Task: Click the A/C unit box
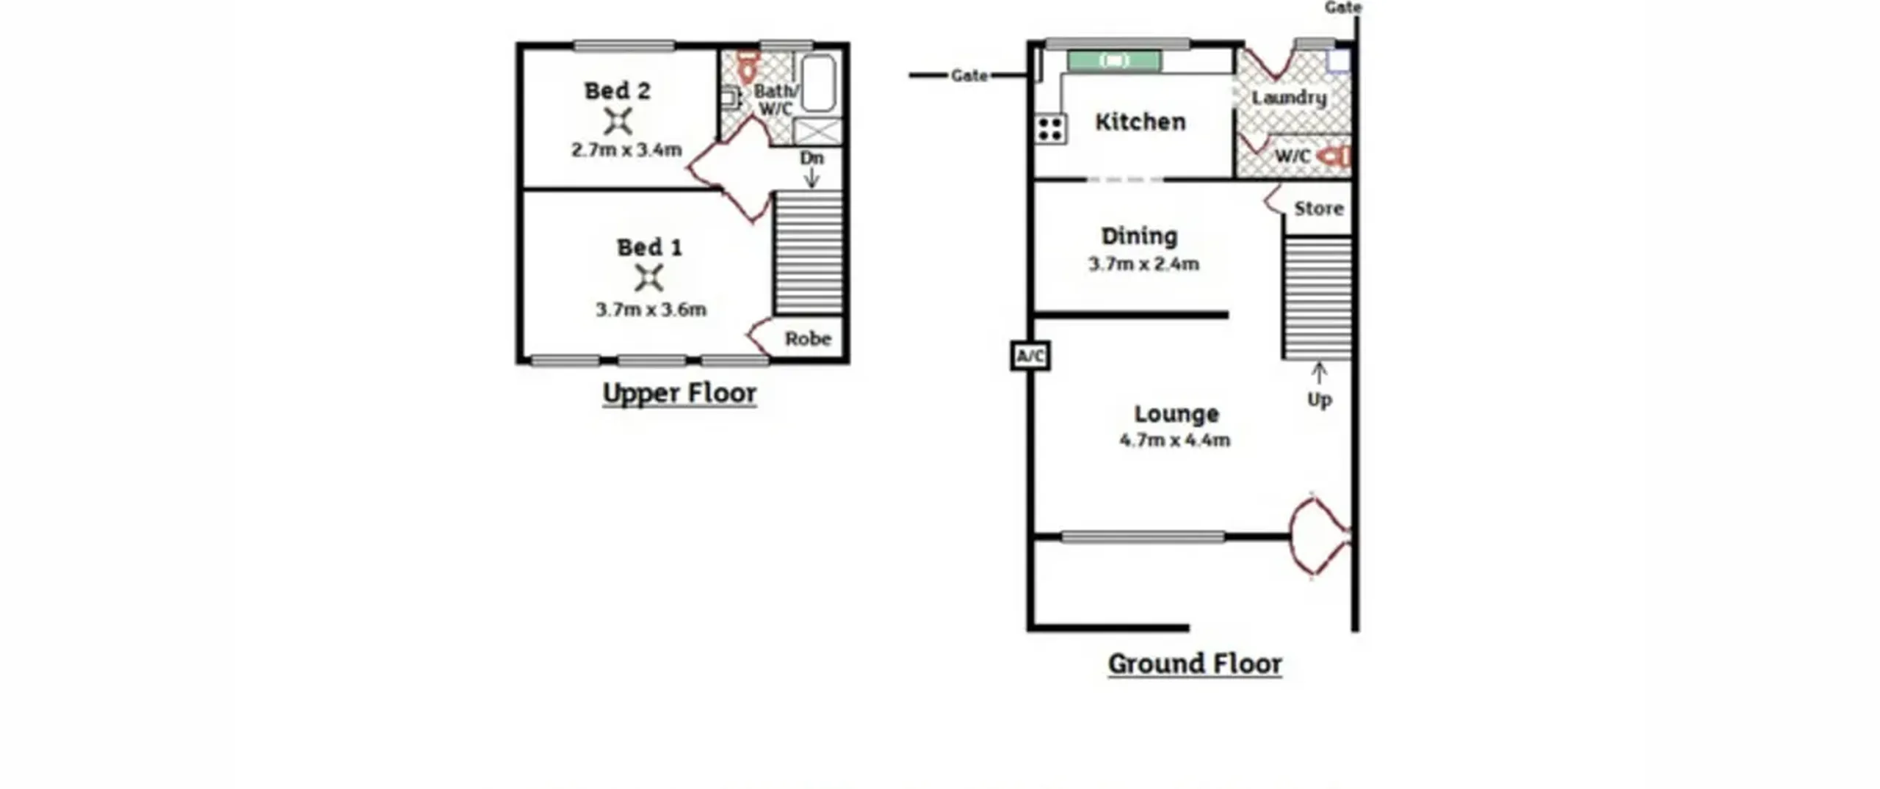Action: [1030, 356]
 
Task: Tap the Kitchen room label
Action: [1140, 122]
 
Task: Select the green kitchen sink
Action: [1114, 61]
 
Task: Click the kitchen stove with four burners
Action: [1051, 129]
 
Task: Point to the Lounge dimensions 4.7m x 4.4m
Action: [1175, 440]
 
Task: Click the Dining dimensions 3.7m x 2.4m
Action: [1143, 264]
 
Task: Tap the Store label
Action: [1319, 208]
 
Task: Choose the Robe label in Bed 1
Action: [808, 338]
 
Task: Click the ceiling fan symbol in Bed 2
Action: [618, 122]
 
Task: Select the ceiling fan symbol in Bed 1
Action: [648, 278]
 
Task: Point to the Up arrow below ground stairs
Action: [1319, 373]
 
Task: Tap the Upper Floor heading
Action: [679, 393]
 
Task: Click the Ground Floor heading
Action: [1195, 663]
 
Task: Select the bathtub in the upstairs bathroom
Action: [819, 83]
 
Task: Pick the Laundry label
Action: [1289, 98]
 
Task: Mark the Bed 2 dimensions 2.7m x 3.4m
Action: [626, 150]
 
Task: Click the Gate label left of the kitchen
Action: [969, 76]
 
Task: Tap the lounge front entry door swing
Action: [1320, 537]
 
